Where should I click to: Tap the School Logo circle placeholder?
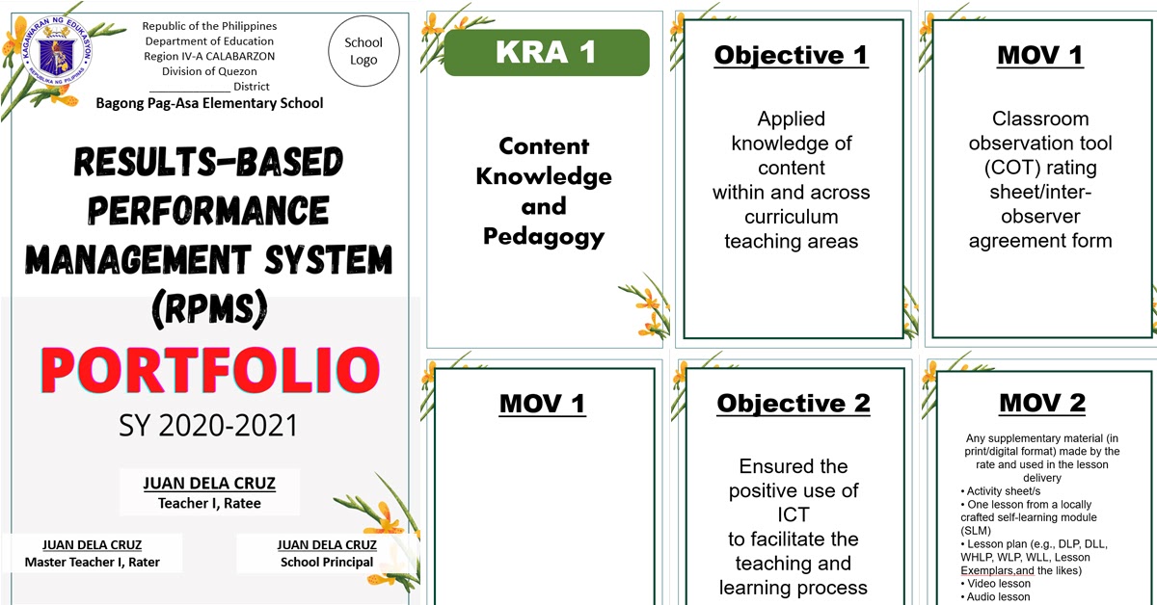tap(363, 51)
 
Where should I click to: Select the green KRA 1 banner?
tap(546, 53)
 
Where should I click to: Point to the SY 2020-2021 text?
tap(209, 425)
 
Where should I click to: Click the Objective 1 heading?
tap(791, 55)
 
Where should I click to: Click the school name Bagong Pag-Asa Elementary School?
tap(209, 103)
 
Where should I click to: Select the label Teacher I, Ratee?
tap(209, 503)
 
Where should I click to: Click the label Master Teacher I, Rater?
tap(93, 562)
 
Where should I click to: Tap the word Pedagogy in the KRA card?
tap(544, 236)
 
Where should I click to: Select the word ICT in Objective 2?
tap(793, 514)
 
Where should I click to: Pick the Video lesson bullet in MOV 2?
tap(998, 584)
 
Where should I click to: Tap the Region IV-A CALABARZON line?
tap(209, 56)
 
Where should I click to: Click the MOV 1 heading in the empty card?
tap(542, 404)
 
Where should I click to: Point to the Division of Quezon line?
tap(209, 71)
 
